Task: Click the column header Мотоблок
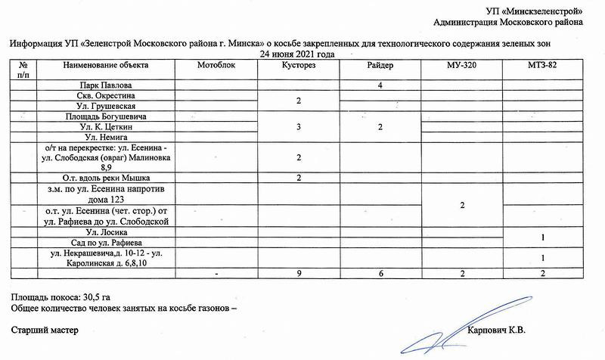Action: [x=216, y=66]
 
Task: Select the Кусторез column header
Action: [x=299, y=66]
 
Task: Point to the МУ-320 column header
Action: [x=462, y=66]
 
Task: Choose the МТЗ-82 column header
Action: [x=543, y=66]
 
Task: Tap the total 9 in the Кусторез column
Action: [x=299, y=272]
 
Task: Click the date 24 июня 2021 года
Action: [x=297, y=54]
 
